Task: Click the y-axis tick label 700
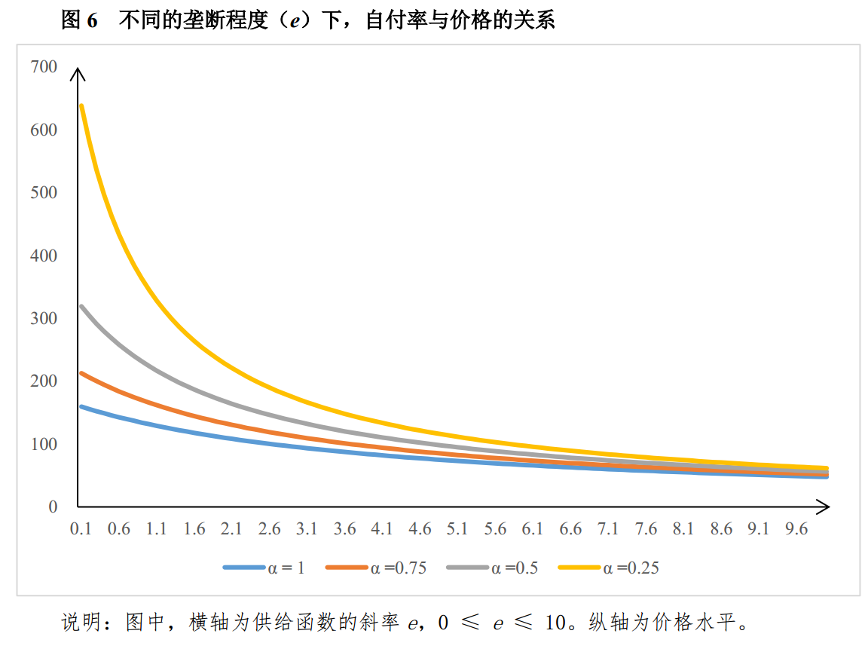coord(44,67)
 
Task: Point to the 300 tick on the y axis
coord(44,318)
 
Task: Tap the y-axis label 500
coord(44,192)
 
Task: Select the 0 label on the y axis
coord(53,507)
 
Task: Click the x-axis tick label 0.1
coord(81,528)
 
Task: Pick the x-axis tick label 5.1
coord(457,528)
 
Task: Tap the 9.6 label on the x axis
coord(796,528)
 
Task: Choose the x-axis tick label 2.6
coord(269,528)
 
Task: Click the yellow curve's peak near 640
coord(81,106)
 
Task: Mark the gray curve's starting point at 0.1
coord(81,306)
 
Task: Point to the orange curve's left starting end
coord(81,372)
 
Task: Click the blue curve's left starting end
coord(81,406)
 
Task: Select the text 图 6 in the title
coord(80,20)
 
